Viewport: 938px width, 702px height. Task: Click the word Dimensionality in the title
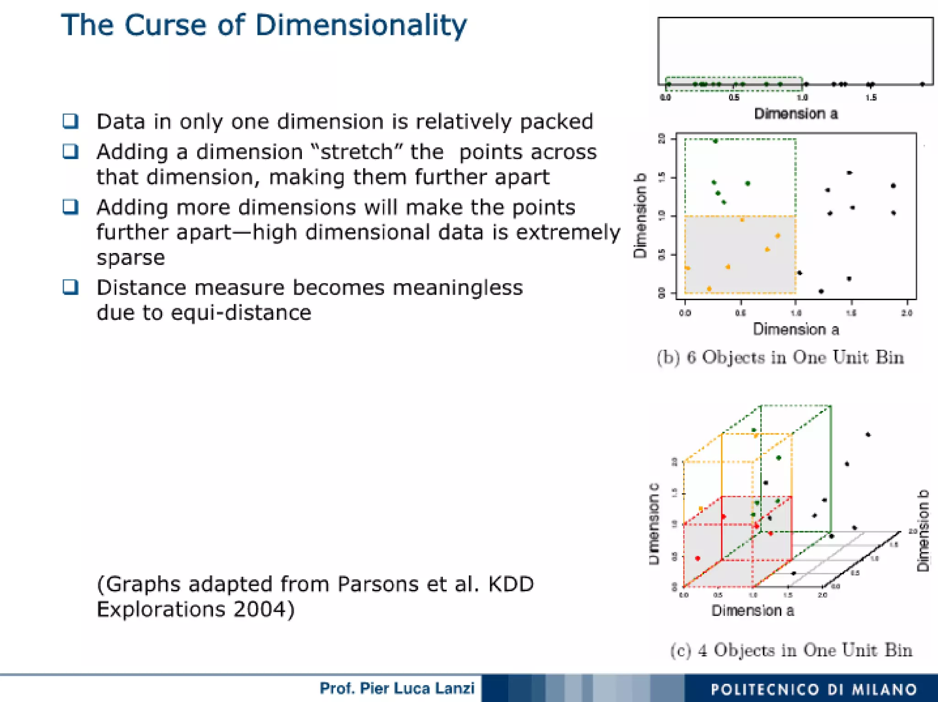click(361, 26)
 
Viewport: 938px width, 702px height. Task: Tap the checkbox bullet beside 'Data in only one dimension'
click(71, 121)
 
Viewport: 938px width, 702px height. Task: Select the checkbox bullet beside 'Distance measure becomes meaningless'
click(71, 287)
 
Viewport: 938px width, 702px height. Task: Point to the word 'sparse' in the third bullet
click(131, 258)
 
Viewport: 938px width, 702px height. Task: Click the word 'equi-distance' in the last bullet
click(241, 313)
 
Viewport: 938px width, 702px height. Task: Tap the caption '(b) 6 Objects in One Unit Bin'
click(780, 357)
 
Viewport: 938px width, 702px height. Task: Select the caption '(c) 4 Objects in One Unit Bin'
click(791, 650)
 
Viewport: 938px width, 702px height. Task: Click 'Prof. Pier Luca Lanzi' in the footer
click(397, 688)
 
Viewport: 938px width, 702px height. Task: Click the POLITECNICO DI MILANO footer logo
click(813, 689)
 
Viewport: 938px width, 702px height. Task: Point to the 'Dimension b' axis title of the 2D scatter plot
click(640, 216)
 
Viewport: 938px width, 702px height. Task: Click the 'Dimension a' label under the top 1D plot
click(796, 113)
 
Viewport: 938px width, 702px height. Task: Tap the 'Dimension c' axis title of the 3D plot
click(654, 524)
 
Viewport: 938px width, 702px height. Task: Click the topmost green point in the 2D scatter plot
click(715, 141)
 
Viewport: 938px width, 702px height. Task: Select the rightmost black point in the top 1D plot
click(922, 84)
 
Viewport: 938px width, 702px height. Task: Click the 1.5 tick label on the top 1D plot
click(871, 97)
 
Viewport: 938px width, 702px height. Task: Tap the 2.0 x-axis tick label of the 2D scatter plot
click(907, 313)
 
